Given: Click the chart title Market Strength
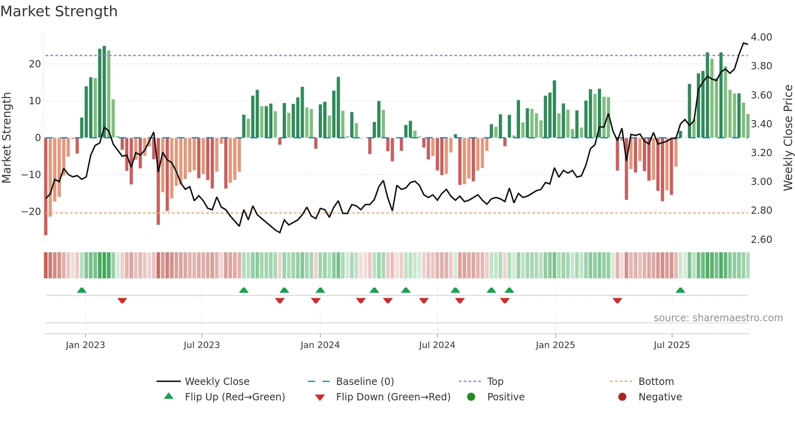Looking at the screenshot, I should click(59, 11).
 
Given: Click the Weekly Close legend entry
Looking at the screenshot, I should click(217, 382).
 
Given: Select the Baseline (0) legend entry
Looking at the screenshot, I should click(365, 382).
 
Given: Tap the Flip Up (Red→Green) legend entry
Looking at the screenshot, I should click(234, 397).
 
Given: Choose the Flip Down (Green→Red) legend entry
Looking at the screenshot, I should click(393, 397).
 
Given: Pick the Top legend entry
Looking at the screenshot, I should click(495, 382).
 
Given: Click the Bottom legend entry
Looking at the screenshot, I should click(655, 382).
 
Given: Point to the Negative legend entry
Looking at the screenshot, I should click(660, 397).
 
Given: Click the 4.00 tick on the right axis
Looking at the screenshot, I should click(761, 37).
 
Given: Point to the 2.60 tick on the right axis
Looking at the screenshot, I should click(761, 240).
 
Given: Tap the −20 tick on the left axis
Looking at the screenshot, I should click(31, 212).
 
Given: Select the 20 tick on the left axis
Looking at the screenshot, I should click(35, 64).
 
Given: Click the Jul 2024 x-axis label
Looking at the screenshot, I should click(437, 345).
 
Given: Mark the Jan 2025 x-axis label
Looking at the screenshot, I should click(555, 345).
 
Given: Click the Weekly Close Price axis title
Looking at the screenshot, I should click(788, 138).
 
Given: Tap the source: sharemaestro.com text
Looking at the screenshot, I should click(718, 318).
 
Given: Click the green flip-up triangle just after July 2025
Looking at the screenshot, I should click(680, 290).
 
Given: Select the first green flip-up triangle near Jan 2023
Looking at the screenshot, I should click(82, 290).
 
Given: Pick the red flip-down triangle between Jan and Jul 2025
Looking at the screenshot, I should click(617, 301).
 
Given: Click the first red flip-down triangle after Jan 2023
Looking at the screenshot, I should click(122, 301).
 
